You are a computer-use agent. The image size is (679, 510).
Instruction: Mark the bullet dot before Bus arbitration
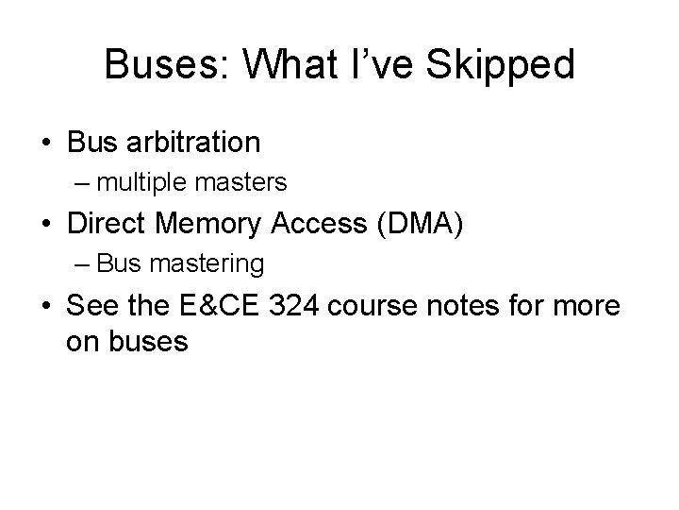(45, 143)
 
